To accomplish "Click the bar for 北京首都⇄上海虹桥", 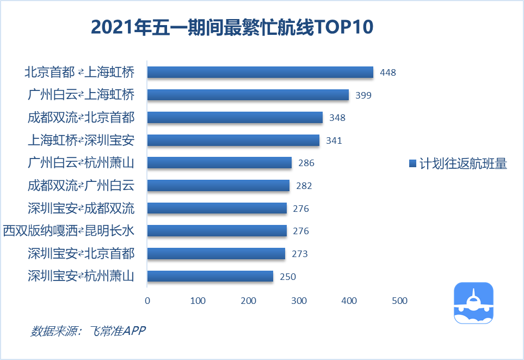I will point(260,72).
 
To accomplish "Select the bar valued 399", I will point(248,95).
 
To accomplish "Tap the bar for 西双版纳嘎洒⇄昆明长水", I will point(217,231).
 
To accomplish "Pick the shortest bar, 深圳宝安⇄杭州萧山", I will point(210,276).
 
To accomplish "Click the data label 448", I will point(388,72).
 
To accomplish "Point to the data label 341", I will point(334,141).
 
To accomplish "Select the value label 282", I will point(304,186).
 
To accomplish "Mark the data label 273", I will point(300,254).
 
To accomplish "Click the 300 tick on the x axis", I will point(299,301).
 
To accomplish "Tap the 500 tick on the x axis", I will point(399,301).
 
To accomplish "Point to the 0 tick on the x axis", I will point(147,301).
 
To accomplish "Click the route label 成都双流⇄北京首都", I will point(81,118).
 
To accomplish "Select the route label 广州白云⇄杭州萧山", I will point(81,163).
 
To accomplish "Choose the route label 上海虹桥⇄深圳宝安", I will point(81,141).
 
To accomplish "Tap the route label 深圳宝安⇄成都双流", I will point(81,208).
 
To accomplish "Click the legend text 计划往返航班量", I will point(463,164).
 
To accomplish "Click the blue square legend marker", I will point(412,163).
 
